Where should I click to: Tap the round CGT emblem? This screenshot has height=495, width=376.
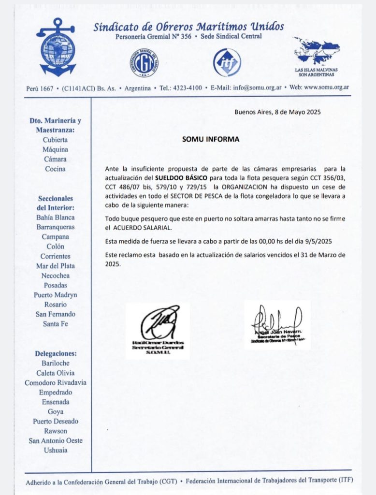[144, 62]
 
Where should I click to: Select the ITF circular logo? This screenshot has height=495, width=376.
[227, 63]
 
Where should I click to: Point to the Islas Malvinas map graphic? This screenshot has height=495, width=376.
[317, 51]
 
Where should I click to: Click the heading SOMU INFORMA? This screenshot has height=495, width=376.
[210, 139]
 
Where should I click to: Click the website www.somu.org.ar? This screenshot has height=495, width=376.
[326, 87]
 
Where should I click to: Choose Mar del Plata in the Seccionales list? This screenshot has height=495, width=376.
[55, 266]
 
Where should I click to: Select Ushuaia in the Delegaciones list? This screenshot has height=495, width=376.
[55, 450]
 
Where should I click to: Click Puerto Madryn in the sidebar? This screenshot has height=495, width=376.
[55, 295]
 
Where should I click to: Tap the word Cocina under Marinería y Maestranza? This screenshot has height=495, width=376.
[55, 169]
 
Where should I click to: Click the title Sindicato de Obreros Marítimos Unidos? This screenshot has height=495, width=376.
[188, 27]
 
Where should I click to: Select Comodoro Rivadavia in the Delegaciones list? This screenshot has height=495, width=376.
[55, 382]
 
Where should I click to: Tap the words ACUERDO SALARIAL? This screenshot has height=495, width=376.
[145, 228]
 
